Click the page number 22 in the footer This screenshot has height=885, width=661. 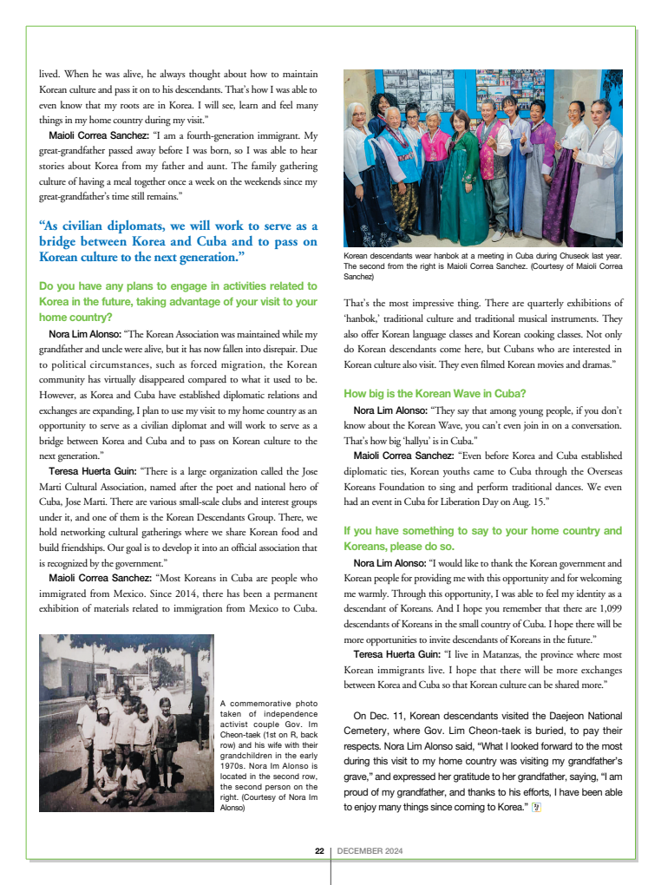point(319,851)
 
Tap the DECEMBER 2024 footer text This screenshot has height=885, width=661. point(370,851)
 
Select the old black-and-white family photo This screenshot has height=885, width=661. point(126,723)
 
